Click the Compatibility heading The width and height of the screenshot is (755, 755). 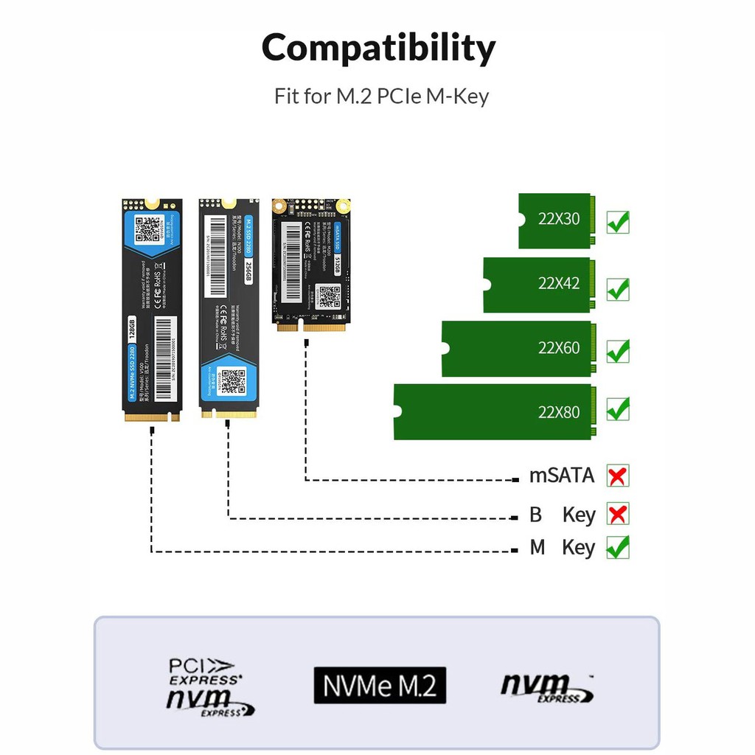378,49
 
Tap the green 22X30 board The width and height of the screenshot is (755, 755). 554,220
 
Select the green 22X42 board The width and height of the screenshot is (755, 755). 537,285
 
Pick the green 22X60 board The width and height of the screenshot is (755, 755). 516,349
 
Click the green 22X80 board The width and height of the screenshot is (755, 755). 493,411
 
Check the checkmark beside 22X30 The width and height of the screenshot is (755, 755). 618,220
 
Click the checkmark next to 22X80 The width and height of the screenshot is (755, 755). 618,408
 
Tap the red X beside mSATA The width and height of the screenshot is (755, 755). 618,476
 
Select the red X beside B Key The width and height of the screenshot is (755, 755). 618,514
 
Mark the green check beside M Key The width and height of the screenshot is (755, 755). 618,547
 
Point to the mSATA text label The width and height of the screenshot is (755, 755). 562,476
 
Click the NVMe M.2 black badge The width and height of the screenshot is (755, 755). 380,685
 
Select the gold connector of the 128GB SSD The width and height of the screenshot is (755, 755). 152,417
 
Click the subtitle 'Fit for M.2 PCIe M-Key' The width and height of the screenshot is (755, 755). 381,97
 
